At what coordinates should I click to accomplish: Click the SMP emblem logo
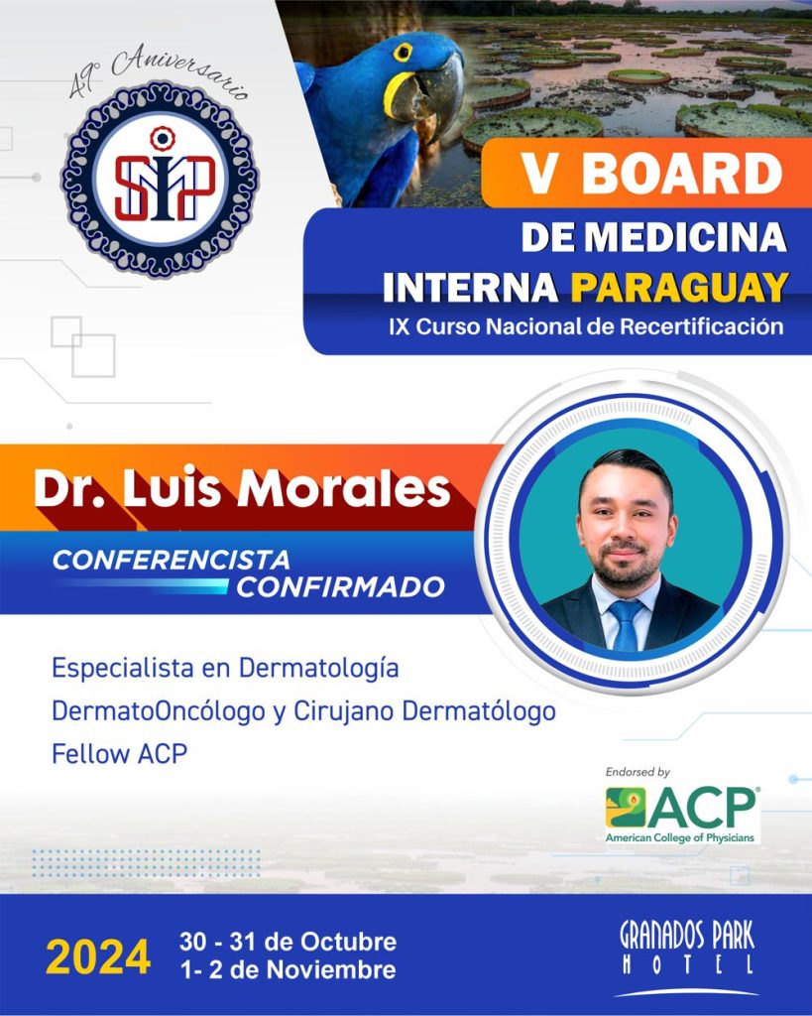coord(160,180)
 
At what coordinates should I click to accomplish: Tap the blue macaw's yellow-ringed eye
coord(403,52)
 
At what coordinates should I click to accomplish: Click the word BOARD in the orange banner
coord(682,174)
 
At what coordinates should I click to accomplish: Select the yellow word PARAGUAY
coord(679,287)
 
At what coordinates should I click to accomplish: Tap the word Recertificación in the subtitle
coord(701,325)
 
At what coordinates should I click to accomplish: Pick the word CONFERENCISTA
coord(171,560)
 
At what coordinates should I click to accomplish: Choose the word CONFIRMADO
coord(341,587)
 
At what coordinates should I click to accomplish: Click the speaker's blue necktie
coord(627,625)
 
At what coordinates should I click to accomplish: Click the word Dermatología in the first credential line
coord(318,669)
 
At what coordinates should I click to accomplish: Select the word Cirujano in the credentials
coord(344,711)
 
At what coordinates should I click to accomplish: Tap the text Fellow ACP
coord(120,754)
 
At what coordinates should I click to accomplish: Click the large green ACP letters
coord(703,808)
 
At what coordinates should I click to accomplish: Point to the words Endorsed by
coord(638,772)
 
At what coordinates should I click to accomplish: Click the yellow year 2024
coord(98,957)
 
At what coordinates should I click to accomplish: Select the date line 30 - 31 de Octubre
coord(289,941)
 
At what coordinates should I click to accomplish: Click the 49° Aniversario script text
coord(159,71)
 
